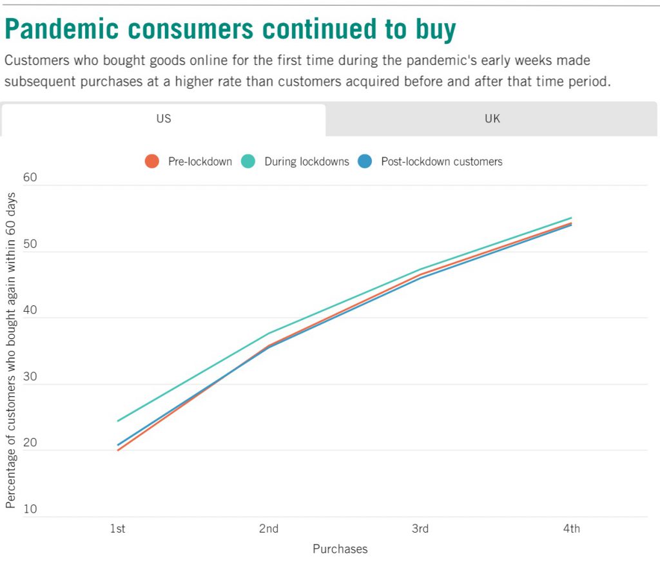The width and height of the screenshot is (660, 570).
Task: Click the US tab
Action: click(163, 119)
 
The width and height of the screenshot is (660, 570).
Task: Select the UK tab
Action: click(492, 119)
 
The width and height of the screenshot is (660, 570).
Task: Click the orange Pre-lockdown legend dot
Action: click(152, 162)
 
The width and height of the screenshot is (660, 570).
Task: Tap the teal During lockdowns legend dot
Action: click(248, 162)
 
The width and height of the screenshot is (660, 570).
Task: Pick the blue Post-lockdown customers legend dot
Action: click(365, 162)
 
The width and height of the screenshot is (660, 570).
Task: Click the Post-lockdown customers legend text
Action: click(442, 162)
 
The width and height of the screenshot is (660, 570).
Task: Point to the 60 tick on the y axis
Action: click(30, 178)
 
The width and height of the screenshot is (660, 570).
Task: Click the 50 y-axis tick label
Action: click(30, 244)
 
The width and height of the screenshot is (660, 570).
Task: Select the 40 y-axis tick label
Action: click(30, 310)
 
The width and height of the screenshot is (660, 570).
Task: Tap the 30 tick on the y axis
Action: click(30, 377)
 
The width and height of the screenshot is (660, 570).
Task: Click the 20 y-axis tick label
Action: click(30, 442)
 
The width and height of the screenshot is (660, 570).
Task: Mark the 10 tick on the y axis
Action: click(30, 509)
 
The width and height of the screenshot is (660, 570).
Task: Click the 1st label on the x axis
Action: click(117, 529)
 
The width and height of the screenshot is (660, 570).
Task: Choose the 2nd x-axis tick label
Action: click(269, 529)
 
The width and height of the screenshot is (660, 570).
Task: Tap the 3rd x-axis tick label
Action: click(420, 529)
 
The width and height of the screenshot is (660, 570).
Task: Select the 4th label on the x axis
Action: click(571, 529)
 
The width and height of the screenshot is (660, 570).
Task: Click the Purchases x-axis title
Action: click(340, 549)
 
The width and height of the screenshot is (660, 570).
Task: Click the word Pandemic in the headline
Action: click(61, 29)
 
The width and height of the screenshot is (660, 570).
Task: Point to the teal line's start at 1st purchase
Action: click(118, 421)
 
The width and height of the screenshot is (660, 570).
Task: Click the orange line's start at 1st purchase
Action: click(118, 450)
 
